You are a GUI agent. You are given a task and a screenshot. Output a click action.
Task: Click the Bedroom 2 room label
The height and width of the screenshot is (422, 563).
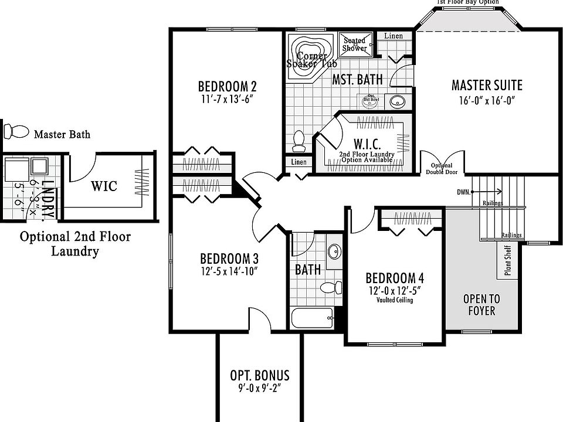pyautogui.click(x=227, y=86)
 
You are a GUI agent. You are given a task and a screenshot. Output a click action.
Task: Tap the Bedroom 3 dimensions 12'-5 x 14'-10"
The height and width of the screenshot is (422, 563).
pyautogui.click(x=229, y=271)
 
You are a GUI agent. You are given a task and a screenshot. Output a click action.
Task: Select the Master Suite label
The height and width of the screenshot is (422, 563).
pyautogui.click(x=487, y=86)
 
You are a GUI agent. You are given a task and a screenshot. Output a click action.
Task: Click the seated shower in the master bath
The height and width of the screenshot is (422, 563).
pyautogui.click(x=355, y=45)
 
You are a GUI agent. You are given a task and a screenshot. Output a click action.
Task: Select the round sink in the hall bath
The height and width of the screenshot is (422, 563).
pyautogui.click(x=335, y=251)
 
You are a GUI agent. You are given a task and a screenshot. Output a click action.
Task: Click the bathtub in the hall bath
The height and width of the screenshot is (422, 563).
pyautogui.click(x=311, y=319)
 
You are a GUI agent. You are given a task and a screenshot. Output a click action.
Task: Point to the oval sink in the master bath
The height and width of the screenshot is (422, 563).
pyautogui.click(x=398, y=101)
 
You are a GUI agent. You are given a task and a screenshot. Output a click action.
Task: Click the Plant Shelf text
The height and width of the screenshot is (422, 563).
pyautogui.click(x=508, y=260)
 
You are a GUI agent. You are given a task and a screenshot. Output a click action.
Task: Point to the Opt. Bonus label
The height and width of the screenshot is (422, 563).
pyautogui.click(x=260, y=376)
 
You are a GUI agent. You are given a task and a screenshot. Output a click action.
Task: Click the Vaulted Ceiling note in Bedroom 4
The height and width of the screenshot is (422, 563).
pyautogui.click(x=395, y=300)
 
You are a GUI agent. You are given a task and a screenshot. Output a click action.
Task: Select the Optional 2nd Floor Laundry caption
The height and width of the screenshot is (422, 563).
pyautogui.click(x=75, y=244)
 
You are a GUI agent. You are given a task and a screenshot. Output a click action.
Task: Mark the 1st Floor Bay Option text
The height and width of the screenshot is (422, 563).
pyautogui.click(x=468, y=2)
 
